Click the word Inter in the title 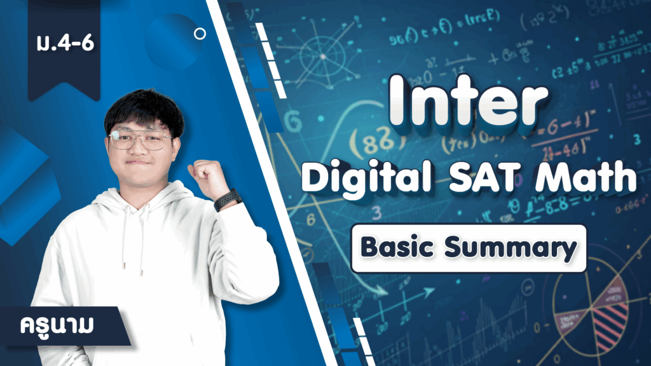[469, 101]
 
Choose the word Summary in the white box [511, 249]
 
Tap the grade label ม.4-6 [65, 43]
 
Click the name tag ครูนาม [57, 325]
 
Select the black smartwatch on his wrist [228, 200]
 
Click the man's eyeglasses [140, 139]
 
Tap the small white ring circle [200, 34]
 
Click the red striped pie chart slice [610, 323]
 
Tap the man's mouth [137, 162]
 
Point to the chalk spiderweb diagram [323, 56]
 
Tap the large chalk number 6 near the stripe [293, 121]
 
